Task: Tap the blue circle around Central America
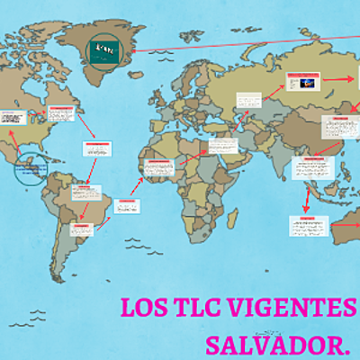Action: [x=31, y=168]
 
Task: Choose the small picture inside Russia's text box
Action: [x=304, y=83]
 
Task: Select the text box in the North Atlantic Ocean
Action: [x=96, y=150]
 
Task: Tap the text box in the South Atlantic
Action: [x=126, y=206]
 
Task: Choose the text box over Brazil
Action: [x=87, y=193]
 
